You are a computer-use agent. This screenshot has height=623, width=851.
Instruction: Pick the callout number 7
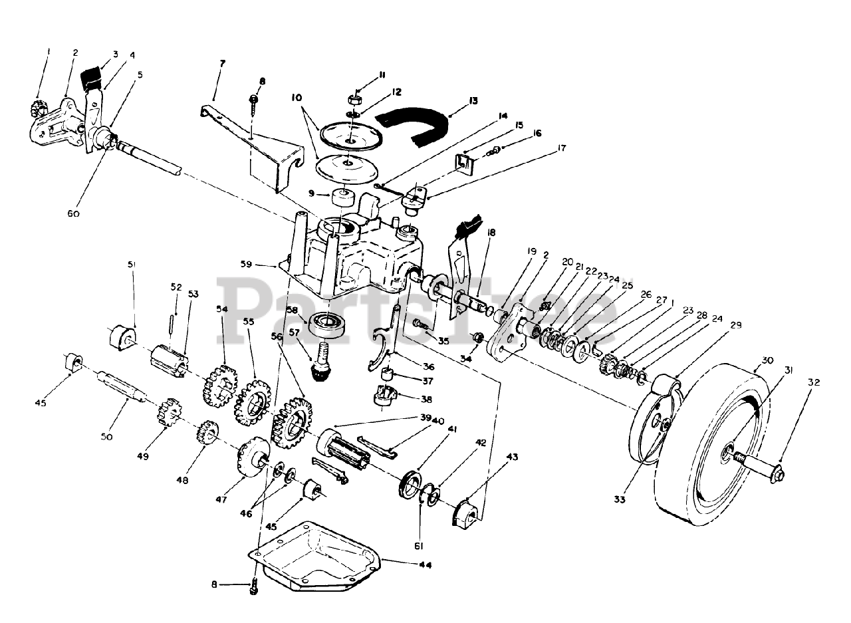point(222,63)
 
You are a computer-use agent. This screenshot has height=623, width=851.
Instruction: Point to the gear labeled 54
point(220,384)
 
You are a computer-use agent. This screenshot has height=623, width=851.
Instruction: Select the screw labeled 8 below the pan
point(253,588)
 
